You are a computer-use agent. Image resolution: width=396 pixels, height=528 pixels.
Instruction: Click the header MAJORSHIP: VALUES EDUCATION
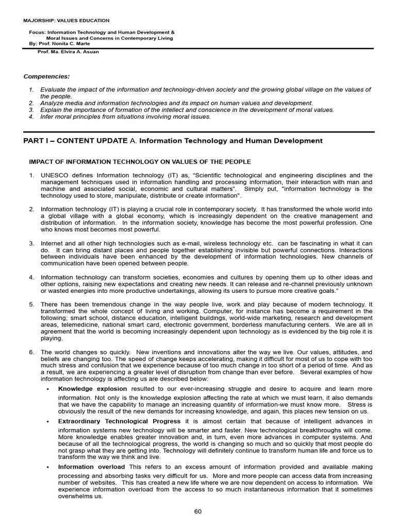pos(66,21)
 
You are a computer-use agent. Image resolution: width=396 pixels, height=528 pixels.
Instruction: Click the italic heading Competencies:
pos(47,76)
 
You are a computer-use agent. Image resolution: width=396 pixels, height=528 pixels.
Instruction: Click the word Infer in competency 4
pos(48,117)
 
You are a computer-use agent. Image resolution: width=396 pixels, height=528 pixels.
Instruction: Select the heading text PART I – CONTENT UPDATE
pos(75,141)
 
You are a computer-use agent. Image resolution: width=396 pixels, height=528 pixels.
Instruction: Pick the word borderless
pos(251,325)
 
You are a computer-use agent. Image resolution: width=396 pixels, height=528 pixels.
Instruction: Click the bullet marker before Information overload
pos(47,467)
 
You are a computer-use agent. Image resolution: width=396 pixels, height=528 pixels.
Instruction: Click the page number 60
pos(198,511)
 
